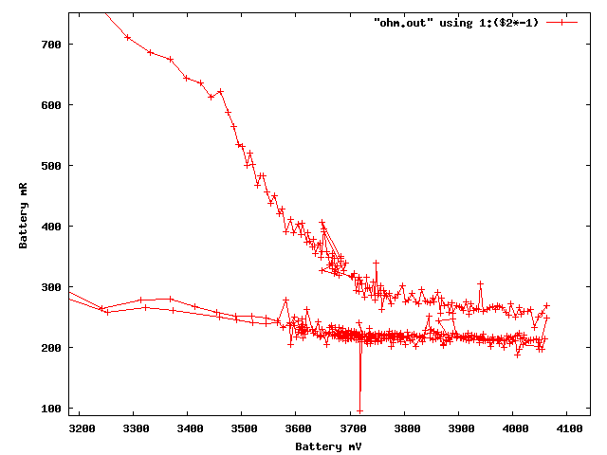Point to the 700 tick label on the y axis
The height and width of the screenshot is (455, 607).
point(51,45)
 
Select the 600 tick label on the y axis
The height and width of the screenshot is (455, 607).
point(51,105)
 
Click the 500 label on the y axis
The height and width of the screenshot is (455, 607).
point(51,166)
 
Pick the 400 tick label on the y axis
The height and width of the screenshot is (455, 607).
point(51,227)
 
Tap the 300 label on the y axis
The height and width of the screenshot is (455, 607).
point(51,287)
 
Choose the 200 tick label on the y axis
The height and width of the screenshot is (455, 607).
point(51,348)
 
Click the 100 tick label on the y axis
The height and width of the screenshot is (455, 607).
point(51,409)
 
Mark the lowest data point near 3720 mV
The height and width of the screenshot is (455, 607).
point(360,410)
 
